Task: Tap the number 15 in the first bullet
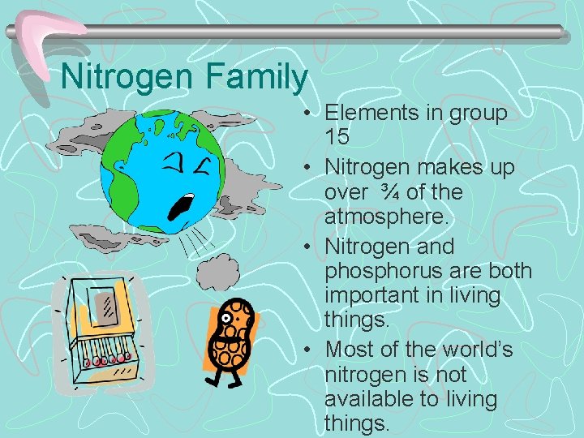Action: coord(337,136)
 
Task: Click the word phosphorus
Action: coord(392,270)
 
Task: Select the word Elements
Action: coord(375,113)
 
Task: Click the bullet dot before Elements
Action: coord(311,114)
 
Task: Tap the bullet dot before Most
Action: coord(311,350)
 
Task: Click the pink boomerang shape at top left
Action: coord(45,36)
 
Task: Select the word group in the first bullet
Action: coord(476,113)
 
